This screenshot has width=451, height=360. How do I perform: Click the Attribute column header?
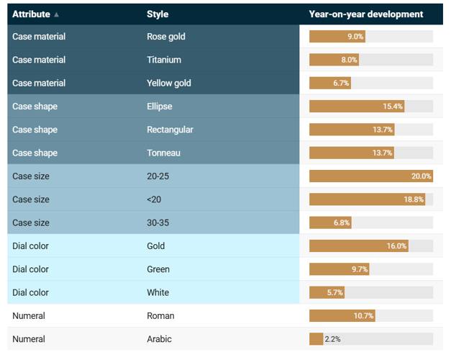click(x=31, y=14)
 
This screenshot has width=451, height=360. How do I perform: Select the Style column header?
click(x=158, y=14)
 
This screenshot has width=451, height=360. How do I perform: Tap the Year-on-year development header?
click(x=365, y=14)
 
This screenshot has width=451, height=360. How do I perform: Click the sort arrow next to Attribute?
click(x=57, y=14)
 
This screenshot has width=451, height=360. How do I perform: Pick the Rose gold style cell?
click(x=165, y=37)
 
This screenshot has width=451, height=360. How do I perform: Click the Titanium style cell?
click(x=164, y=60)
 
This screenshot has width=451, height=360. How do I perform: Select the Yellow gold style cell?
click(x=169, y=83)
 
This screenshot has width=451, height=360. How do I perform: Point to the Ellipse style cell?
click(x=160, y=107)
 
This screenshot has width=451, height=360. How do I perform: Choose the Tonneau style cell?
click(x=163, y=153)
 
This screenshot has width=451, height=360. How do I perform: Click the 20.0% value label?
click(x=421, y=176)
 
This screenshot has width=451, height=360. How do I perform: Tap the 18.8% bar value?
click(x=414, y=199)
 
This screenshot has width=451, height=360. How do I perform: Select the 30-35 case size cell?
click(x=158, y=222)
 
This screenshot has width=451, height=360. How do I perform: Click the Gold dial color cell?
click(x=156, y=246)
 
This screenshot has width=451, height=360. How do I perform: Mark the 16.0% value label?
click(x=396, y=246)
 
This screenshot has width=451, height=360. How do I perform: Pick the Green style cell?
click(x=158, y=269)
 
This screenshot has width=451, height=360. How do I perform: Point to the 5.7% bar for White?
click(x=327, y=292)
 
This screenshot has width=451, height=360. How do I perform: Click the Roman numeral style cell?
click(x=160, y=316)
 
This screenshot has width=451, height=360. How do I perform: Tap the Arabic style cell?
click(x=159, y=339)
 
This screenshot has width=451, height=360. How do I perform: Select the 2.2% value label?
click(x=332, y=339)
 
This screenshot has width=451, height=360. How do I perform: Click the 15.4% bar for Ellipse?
click(x=356, y=107)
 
